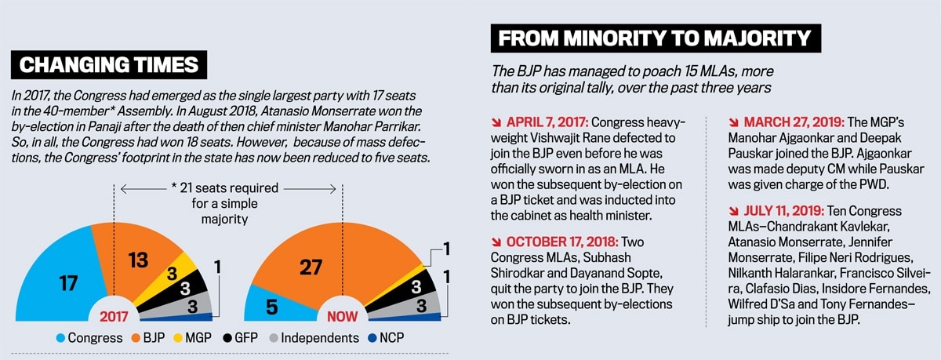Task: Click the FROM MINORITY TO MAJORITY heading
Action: click(x=655, y=38)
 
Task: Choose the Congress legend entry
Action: click(x=88, y=339)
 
